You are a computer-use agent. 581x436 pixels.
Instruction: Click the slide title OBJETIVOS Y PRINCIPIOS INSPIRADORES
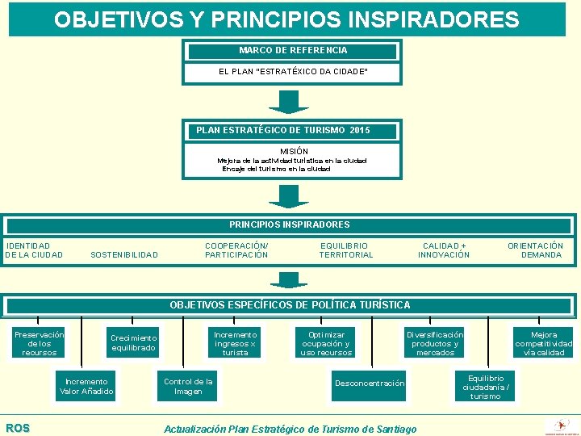tap(287, 19)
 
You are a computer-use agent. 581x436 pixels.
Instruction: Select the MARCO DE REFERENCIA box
tap(293, 51)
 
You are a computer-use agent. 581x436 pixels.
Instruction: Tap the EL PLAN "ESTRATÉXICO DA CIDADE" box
tap(293, 73)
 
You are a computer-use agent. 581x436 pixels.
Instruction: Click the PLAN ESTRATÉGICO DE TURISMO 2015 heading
tap(282, 130)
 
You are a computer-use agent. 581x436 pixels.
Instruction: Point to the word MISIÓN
tap(294, 151)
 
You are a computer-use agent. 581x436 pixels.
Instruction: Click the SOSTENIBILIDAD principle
tap(124, 255)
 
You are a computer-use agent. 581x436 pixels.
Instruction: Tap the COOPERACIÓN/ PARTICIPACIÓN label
tap(236, 250)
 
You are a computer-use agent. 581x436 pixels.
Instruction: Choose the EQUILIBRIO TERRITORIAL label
tap(346, 250)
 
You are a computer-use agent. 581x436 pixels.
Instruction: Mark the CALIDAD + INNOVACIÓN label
tap(444, 250)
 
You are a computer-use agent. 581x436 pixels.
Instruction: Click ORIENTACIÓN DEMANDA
tap(537, 250)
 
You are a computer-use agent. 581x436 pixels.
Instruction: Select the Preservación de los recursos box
tap(39, 343)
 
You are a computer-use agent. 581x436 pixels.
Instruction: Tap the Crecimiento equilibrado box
tap(134, 343)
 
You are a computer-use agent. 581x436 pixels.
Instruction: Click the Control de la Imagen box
tap(188, 387)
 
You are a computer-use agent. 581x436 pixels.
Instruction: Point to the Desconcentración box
tap(370, 384)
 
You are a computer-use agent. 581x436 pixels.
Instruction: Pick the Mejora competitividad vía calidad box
tap(544, 343)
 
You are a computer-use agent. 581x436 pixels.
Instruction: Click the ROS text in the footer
tap(18, 428)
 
